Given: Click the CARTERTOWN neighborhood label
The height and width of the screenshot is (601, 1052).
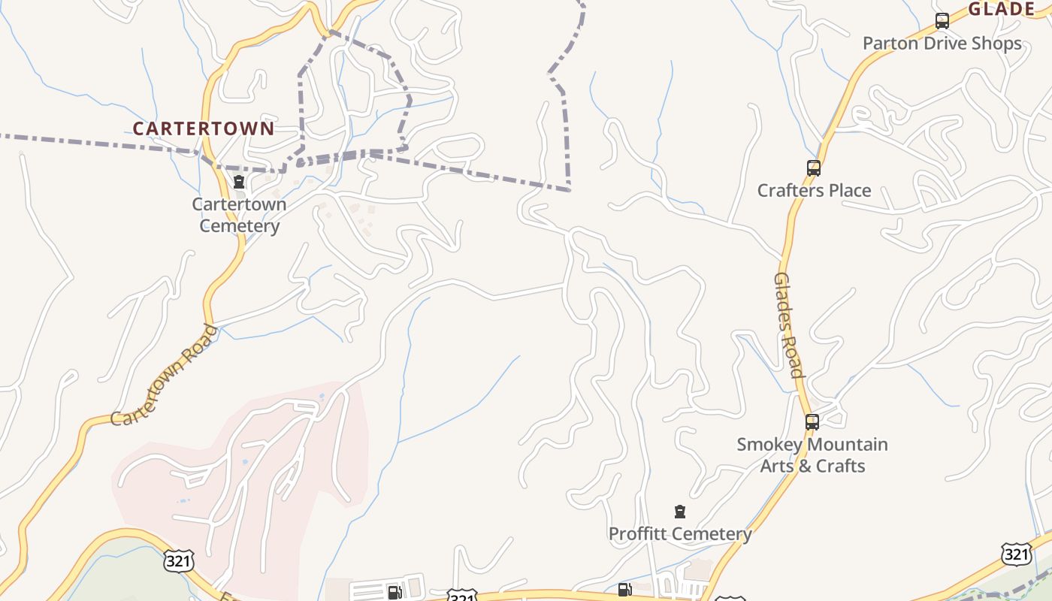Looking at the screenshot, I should (204, 128).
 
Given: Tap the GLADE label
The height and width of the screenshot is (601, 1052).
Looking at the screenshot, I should (1002, 10).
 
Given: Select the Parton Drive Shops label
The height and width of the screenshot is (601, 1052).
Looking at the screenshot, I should (942, 43).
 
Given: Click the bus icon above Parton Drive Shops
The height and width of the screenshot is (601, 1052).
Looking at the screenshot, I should (942, 21).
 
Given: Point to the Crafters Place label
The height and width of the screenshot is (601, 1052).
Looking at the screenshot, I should (814, 190).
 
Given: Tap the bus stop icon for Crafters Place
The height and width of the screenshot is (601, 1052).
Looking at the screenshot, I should (813, 168).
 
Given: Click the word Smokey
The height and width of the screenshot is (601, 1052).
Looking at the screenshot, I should (769, 445).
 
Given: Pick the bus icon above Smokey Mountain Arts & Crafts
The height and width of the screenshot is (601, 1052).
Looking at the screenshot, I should (812, 422).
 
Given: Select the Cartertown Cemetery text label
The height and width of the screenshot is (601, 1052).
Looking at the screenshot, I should (239, 215).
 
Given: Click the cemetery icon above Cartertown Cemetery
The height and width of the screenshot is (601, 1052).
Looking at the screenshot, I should (239, 182).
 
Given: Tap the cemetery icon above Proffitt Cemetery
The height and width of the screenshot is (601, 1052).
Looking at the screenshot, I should (680, 512).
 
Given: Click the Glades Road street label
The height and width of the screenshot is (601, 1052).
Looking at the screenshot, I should (788, 325).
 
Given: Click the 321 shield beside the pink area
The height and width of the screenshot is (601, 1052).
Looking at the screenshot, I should (178, 560).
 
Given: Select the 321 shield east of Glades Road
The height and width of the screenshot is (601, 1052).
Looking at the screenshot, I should (1016, 554).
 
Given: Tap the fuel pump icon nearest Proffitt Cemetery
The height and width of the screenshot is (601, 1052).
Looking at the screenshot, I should (624, 590).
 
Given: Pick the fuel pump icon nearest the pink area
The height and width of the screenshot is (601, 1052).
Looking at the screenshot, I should (394, 593).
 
